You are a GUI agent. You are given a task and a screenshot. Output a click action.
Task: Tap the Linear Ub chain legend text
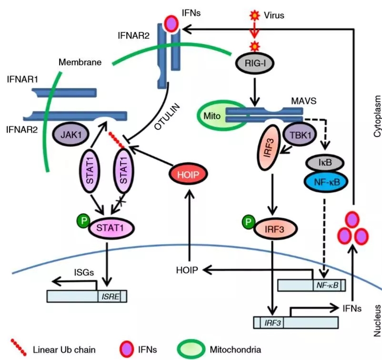(x=64, y=350)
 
